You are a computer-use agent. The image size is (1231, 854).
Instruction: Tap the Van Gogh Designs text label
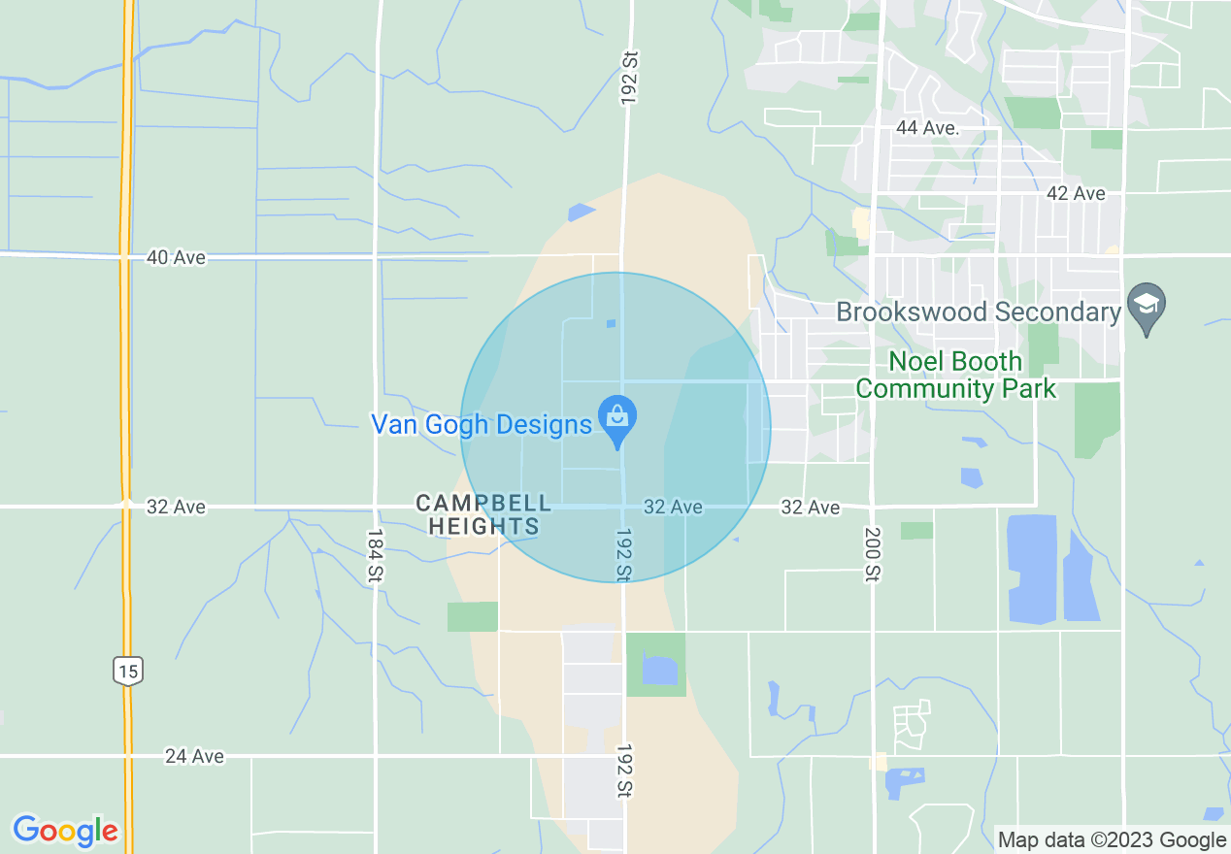pos(482,424)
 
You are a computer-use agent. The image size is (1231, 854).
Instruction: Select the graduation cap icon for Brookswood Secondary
pos(1147,305)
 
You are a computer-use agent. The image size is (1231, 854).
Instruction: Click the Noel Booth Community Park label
pos(955,376)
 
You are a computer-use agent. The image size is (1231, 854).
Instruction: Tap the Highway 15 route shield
pos(127,670)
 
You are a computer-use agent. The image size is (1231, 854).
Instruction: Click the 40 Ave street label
pos(176,257)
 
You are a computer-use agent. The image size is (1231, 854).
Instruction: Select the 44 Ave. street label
pos(927,128)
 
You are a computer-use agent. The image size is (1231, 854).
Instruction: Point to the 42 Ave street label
pos(1076,193)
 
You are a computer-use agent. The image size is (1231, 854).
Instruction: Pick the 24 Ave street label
pos(194,756)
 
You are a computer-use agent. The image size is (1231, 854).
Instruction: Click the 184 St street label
pos(375,556)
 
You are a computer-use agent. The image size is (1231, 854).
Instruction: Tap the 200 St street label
pos(871,554)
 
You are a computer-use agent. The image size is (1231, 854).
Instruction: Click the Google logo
pos(65,831)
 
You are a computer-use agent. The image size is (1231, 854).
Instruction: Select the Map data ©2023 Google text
pos(1113,840)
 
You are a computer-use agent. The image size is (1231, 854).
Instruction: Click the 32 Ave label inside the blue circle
pos(673,507)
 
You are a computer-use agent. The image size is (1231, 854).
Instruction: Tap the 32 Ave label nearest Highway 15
pos(176,507)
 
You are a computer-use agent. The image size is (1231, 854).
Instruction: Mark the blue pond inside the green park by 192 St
pos(659,670)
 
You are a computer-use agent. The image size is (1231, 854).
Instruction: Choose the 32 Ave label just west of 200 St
pos(811,507)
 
